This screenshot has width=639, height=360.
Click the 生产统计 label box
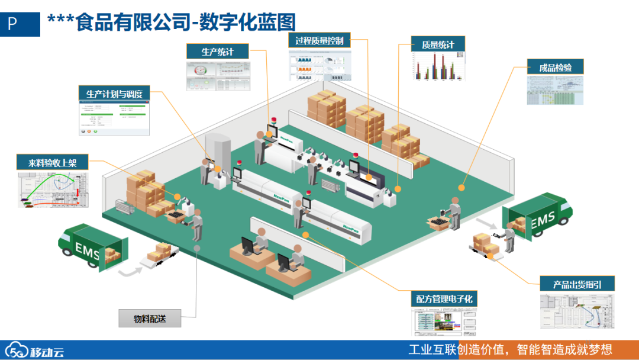click(x=217, y=52)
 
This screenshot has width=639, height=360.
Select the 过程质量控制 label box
click(x=319, y=40)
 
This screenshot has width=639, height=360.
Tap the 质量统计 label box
click(x=438, y=44)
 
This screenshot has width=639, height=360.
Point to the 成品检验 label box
click(x=555, y=67)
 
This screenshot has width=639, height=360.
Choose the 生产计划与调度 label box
click(x=114, y=94)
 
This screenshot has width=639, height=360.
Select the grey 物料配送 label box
click(x=150, y=319)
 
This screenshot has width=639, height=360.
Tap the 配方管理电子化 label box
click(x=444, y=299)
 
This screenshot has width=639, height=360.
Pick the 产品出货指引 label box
click(x=577, y=284)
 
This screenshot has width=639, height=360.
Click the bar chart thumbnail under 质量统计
click(x=438, y=67)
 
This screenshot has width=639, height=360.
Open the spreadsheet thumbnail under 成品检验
click(x=555, y=90)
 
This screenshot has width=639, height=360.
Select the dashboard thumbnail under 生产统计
click(x=217, y=76)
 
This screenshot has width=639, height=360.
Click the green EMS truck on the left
click(x=92, y=247)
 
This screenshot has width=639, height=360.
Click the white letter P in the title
click(x=12, y=24)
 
